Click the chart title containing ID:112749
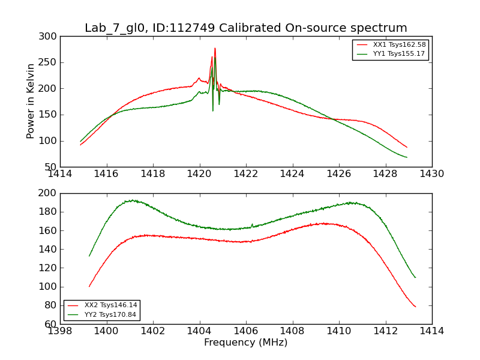tap(245, 28)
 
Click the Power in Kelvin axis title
tap(31, 101)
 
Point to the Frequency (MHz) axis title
tap(245, 343)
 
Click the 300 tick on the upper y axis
tap(50, 37)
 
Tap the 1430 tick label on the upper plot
tap(431, 174)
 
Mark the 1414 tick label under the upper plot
tap(60, 174)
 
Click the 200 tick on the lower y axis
tap(50, 193)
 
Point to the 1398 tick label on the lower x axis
tap(60, 331)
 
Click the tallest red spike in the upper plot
tap(215, 49)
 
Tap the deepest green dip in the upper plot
tap(212, 110)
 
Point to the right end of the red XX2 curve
tap(415, 307)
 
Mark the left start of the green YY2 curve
tap(89, 256)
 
